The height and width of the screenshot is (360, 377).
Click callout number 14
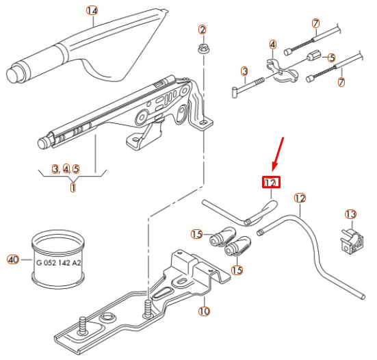pyautogui.click(x=92, y=10)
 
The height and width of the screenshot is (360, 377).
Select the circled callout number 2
pyautogui.click(x=202, y=29)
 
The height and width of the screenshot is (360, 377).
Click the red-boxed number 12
pyautogui.click(x=270, y=183)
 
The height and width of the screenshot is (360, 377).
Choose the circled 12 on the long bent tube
pyautogui.click(x=299, y=198)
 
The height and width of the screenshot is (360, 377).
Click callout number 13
pyautogui.click(x=350, y=215)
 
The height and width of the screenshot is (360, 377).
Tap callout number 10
pyautogui.click(x=204, y=311)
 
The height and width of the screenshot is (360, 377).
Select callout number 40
pyautogui.click(x=12, y=259)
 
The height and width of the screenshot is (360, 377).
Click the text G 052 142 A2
pyautogui.click(x=57, y=262)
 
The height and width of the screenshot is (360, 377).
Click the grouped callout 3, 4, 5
pyautogui.click(x=66, y=168)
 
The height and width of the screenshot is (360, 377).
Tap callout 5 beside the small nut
pyautogui.click(x=331, y=58)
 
